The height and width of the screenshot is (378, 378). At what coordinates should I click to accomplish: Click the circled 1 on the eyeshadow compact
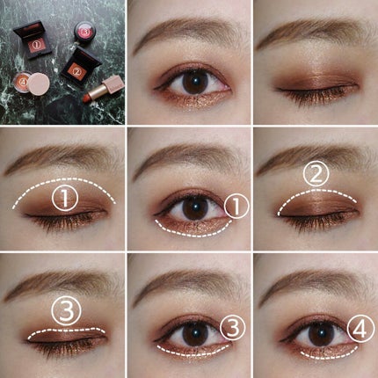(x=36, y=41)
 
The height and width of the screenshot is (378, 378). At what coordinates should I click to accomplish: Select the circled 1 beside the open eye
(x=233, y=206)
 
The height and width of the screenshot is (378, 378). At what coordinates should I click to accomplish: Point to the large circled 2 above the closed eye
(x=315, y=176)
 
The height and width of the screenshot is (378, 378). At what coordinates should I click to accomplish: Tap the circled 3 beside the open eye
(x=230, y=328)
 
